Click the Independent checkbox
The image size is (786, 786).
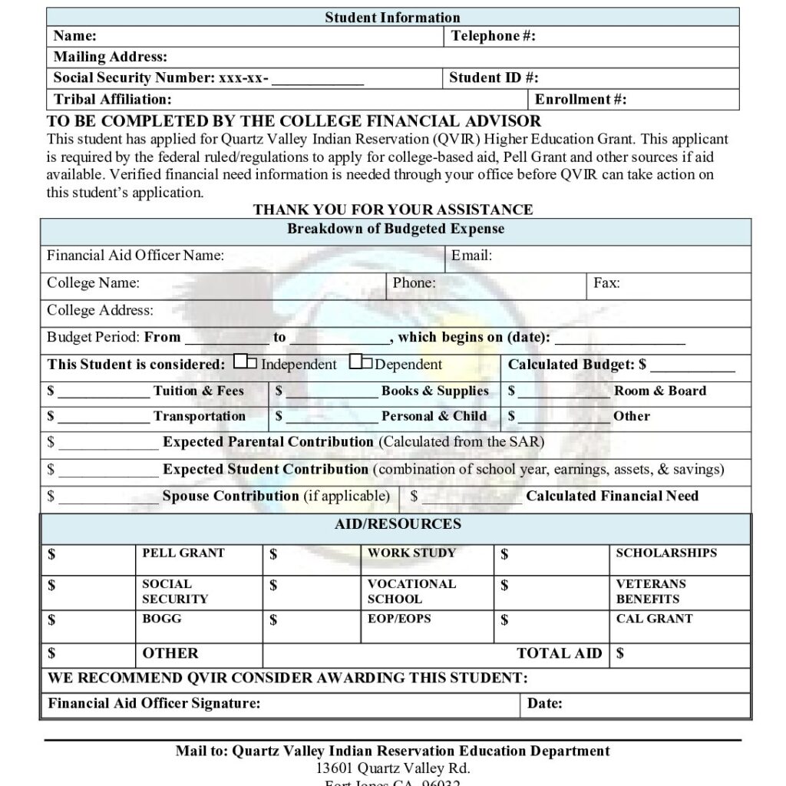(x=246, y=362)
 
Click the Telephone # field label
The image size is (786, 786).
(x=493, y=35)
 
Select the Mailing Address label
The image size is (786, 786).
(x=110, y=57)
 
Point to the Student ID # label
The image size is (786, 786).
(x=494, y=78)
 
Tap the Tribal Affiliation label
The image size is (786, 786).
(x=113, y=99)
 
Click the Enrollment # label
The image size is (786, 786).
(x=580, y=99)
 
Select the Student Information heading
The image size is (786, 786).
(x=392, y=17)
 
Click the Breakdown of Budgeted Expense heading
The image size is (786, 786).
(x=395, y=229)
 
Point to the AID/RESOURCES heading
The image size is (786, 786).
(x=398, y=524)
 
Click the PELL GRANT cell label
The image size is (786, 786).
(x=183, y=553)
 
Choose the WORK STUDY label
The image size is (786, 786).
(x=411, y=553)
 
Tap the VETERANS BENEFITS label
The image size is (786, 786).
(x=650, y=591)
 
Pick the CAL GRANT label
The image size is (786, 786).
(x=654, y=619)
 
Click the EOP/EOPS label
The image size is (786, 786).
(x=399, y=619)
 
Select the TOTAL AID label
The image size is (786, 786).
(x=560, y=654)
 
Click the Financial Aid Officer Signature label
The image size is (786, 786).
(x=154, y=703)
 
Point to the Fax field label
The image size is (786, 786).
(x=606, y=283)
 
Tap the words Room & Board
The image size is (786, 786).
(x=659, y=391)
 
